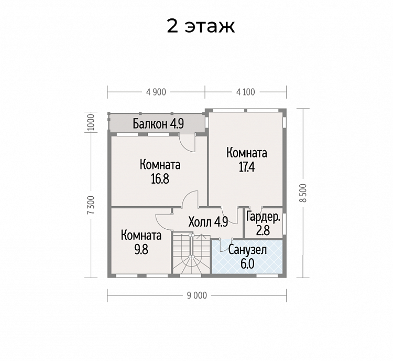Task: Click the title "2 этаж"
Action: click(x=201, y=26)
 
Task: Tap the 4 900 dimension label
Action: click(x=156, y=92)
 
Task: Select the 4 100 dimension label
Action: click(x=246, y=92)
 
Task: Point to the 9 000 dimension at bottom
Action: click(x=197, y=296)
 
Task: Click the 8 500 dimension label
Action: click(x=303, y=193)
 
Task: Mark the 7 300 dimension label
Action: click(x=91, y=205)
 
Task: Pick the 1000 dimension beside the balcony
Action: click(x=91, y=122)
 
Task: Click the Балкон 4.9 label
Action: click(x=158, y=123)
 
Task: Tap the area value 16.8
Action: click(x=160, y=179)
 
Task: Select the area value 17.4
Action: click(x=247, y=167)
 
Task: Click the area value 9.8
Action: click(x=141, y=250)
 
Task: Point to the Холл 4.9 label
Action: click(x=208, y=222)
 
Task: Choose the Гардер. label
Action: click(x=263, y=217)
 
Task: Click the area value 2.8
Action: click(x=263, y=230)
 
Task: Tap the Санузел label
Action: click(x=247, y=250)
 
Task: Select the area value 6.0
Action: click(x=247, y=264)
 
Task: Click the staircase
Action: click(x=191, y=253)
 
